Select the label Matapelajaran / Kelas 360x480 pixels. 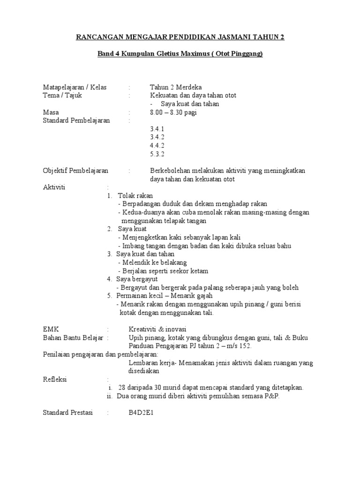(75, 87)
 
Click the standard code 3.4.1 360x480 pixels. (157, 129)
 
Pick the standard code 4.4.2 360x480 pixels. (157, 146)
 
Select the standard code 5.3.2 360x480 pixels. (157, 154)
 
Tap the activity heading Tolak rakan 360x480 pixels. (135, 195)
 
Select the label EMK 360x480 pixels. (51, 329)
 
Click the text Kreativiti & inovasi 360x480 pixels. (158, 329)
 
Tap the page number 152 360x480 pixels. (245, 346)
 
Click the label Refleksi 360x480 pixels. (55, 379)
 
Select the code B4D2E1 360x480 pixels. (142, 413)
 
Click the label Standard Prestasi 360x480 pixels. (68, 413)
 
